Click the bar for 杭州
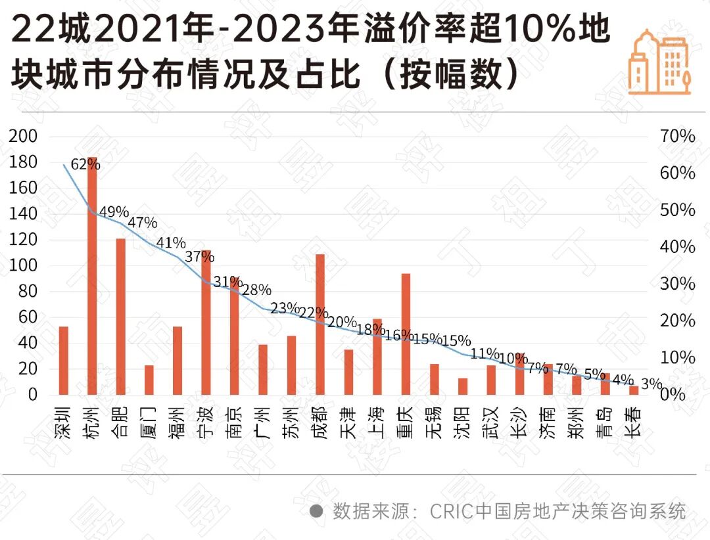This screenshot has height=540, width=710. (93, 276)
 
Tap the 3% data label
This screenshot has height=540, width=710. (651, 384)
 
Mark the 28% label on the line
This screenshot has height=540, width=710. (256, 290)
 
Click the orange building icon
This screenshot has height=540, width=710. (659, 62)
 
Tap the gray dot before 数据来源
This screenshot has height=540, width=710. (316, 511)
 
